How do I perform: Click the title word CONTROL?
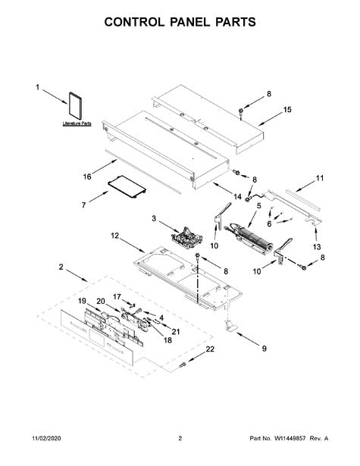pyautogui.click(x=134, y=23)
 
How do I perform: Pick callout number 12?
pyautogui.click(x=115, y=236)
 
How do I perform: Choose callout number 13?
pyautogui.click(x=317, y=247)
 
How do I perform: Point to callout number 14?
pyautogui.click(x=238, y=196)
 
